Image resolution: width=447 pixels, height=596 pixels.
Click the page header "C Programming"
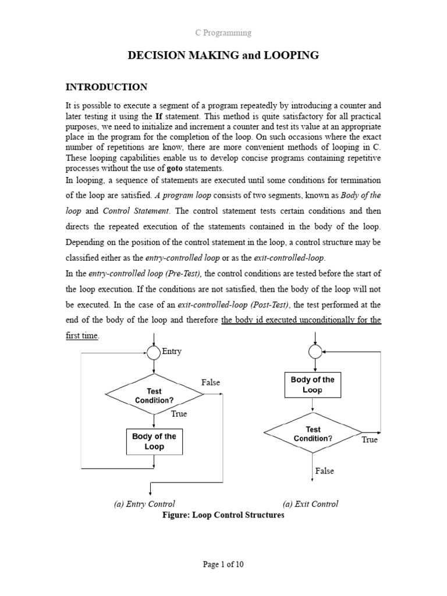(x=223, y=33)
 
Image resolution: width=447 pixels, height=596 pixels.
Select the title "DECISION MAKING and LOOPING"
(x=223, y=56)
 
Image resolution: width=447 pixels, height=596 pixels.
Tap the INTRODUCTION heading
(x=107, y=87)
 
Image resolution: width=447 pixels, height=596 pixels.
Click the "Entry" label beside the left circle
(x=171, y=351)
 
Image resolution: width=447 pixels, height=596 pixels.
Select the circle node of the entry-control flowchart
(x=154, y=352)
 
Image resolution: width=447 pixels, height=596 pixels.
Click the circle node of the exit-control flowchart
(x=315, y=352)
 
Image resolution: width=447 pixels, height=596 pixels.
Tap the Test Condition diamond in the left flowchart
(x=154, y=395)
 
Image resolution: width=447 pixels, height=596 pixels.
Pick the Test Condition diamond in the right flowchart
(x=313, y=434)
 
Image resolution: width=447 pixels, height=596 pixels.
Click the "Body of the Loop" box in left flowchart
(x=154, y=441)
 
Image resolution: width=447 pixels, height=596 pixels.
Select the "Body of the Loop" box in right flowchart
(x=313, y=385)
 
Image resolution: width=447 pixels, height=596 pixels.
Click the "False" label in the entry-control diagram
(x=211, y=382)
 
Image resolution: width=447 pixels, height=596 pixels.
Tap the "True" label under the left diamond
(x=179, y=414)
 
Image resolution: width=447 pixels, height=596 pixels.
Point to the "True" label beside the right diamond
(x=370, y=439)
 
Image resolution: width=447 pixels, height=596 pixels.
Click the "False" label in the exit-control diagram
(x=325, y=471)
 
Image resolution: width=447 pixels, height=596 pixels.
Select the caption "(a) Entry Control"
(x=144, y=504)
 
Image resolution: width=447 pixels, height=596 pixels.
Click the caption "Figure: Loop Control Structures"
(x=215, y=515)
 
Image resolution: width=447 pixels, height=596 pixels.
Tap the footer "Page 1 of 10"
(x=223, y=564)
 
